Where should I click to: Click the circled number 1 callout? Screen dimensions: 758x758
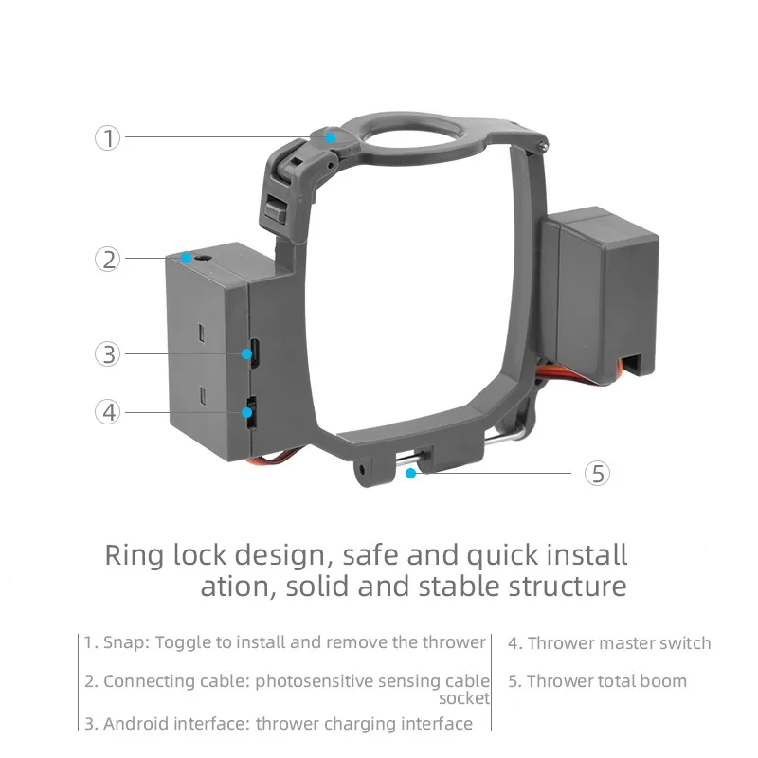107,137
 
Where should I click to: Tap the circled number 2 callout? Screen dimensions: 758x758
107,259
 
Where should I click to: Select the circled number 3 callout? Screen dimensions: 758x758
107,353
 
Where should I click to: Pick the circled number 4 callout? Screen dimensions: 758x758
107,412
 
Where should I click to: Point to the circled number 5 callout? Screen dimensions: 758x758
597,473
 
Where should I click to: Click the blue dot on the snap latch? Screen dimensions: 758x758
330,137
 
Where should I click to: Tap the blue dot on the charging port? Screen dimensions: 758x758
246,353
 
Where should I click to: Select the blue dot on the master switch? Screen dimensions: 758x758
246,412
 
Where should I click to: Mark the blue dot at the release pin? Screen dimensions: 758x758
410,473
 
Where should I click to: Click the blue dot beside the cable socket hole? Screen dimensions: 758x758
187,259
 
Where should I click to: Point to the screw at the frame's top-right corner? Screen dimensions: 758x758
544,144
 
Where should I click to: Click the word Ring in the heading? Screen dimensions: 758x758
135,555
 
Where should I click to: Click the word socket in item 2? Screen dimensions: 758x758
464,698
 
